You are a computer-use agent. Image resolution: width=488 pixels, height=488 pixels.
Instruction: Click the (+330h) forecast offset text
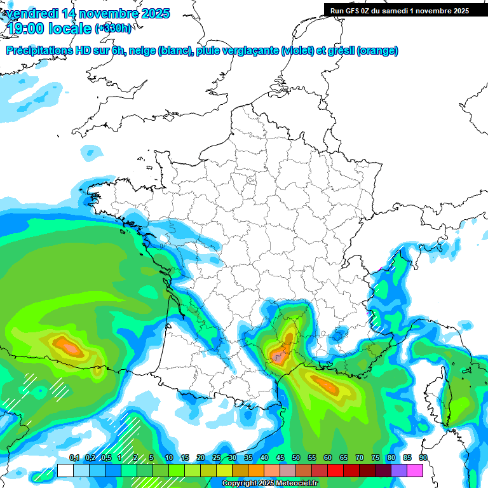[x=113, y=28]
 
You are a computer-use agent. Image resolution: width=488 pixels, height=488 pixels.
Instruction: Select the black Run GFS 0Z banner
[x=405, y=10]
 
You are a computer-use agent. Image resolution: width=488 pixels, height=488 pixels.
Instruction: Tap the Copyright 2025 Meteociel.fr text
[x=269, y=484]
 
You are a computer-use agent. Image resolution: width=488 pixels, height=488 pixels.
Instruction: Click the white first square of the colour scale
[x=65, y=470]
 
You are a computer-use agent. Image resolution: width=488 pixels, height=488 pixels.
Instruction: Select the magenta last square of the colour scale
[x=415, y=470]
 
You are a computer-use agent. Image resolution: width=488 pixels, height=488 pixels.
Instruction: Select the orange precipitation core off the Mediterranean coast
[x=326, y=384]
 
